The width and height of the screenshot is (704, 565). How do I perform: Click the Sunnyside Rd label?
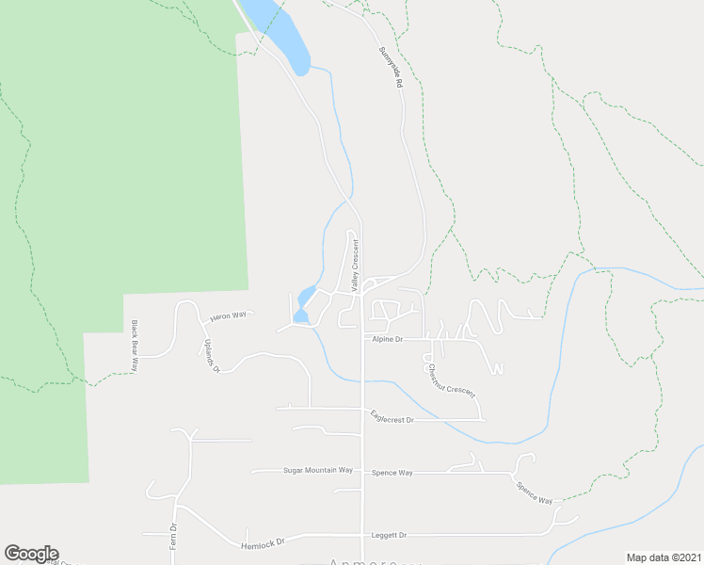[x=391, y=68]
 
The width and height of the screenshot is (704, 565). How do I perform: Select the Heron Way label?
[x=227, y=316]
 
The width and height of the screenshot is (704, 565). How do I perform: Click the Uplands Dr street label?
[x=211, y=357]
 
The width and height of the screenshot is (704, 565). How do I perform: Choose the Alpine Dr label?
[x=387, y=338]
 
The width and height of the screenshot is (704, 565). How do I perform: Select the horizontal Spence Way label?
[x=392, y=473]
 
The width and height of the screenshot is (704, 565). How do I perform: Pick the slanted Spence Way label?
[x=534, y=492]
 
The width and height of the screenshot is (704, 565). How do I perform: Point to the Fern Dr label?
[x=173, y=536]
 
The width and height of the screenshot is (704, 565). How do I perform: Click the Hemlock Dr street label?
[x=262, y=542]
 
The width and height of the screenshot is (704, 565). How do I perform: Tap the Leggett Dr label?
[x=389, y=535]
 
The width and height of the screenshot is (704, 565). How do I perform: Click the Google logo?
[x=31, y=554]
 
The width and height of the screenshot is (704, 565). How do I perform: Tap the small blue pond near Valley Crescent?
[x=303, y=303]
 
